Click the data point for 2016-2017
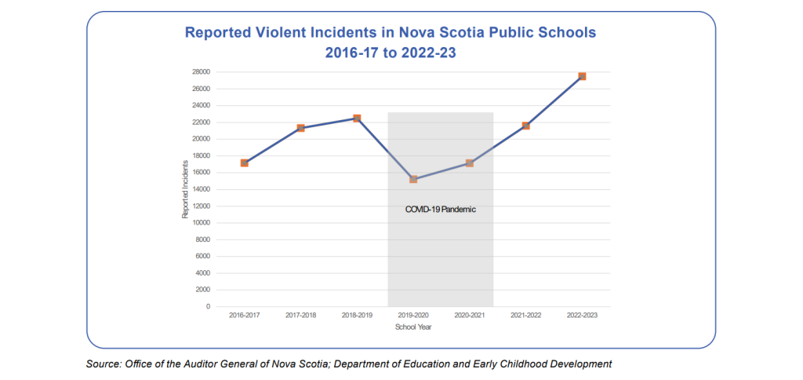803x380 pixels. tap(245, 163)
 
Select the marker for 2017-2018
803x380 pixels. tap(301, 128)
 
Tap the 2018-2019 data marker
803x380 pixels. tap(357, 119)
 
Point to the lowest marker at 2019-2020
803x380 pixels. tap(413, 179)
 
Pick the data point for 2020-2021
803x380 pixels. tap(469, 163)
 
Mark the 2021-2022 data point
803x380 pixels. tap(525, 126)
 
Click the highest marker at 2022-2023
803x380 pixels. tap(582, 76)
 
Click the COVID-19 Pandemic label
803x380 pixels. tap(441, 210)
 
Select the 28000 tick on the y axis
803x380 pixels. tap(200, 72)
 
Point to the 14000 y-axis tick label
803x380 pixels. tap(200, 189)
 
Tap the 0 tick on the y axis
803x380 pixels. tap(208, 307)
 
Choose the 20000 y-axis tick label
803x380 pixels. tap(200, 139)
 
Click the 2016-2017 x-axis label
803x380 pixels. tap(245, 316)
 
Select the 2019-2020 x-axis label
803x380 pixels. tap(413, 316)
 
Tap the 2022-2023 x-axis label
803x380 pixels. tap(582, 316)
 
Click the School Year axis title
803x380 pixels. tap(413, 327)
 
